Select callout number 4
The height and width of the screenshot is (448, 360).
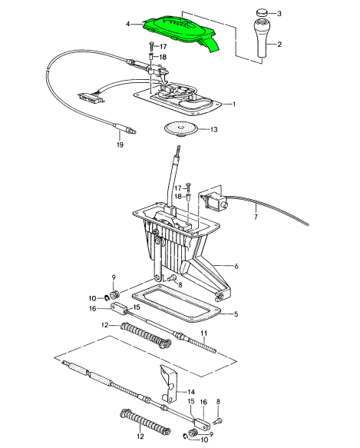(x=129, y=24)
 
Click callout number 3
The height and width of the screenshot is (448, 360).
(x=279, y=13)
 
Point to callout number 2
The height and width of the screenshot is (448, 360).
(x=279, y=45)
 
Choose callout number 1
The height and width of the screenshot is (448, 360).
(x=234, y=104)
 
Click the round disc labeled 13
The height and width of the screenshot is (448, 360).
(x=181, y=129)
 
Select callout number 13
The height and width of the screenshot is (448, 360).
(x=214, y=130)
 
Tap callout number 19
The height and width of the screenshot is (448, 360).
(x=119, y=144)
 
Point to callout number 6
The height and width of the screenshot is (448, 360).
(x=237, y=266)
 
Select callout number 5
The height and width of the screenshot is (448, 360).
(x=236, y=314)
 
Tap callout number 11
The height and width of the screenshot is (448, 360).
(x=205, y=332)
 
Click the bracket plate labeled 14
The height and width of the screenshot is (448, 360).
(x=170, y=383)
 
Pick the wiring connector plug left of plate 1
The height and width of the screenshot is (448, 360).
(x=91, y=96)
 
